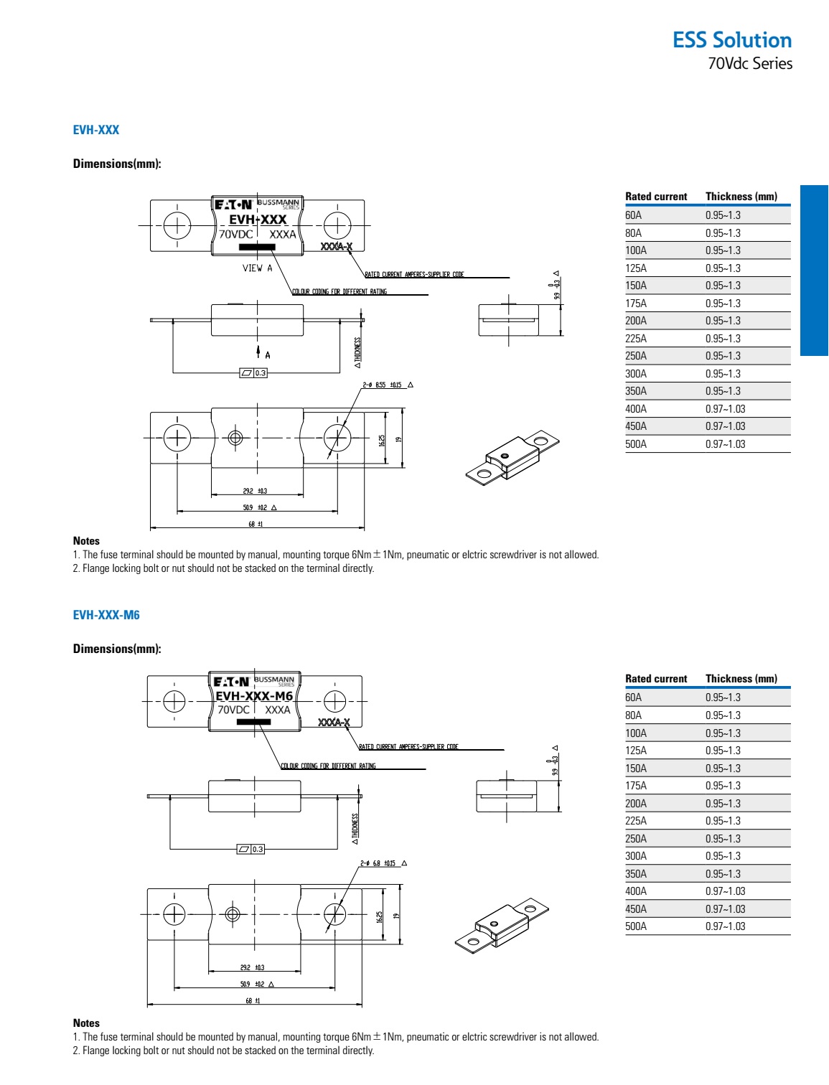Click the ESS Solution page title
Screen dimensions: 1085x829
[731, 40]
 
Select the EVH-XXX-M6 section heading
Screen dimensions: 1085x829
[106, 615]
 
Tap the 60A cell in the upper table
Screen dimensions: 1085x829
[634, 215]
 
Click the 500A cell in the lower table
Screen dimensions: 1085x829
[636, 926]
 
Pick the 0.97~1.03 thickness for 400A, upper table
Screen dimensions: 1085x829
[725, 409]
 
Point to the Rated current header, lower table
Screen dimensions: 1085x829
[656, 679]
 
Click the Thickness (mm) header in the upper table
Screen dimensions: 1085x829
[741, 197]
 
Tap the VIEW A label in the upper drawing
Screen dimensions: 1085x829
[257, 268]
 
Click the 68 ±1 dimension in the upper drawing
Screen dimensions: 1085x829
[256, 524]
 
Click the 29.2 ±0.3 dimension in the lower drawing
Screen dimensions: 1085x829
[252, 967]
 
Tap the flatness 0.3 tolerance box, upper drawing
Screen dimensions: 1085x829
[253, 373]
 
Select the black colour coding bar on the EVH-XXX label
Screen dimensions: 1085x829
[257, 247]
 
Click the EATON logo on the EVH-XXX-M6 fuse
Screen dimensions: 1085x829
[231, 682]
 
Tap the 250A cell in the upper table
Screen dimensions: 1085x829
[636, 356]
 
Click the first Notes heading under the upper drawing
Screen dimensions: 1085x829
[86, 541]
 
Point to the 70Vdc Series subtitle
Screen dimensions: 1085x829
[750, 63]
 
